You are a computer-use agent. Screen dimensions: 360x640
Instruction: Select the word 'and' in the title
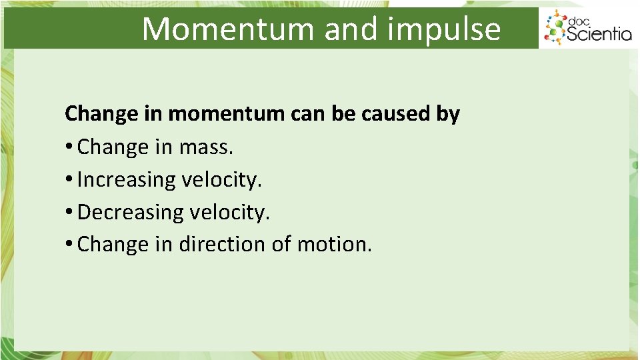pos(348,29)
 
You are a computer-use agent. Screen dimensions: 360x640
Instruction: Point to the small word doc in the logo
pos(579,19)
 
